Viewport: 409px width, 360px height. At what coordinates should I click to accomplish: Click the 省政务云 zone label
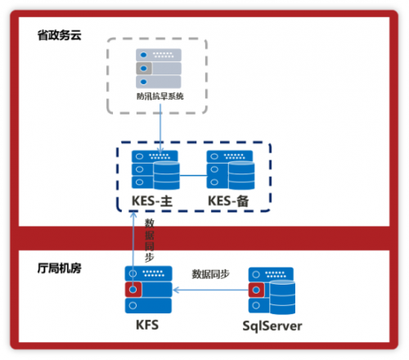(x=59, y=35)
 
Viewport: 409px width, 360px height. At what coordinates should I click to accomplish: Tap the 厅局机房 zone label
(x=59, y=268)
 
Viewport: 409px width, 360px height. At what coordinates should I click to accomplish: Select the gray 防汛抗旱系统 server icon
(x=159, y=69)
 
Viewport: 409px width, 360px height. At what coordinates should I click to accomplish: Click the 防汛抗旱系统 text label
(x=160, y=97)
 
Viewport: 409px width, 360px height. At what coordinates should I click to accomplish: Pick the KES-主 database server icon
(x=155, y=170)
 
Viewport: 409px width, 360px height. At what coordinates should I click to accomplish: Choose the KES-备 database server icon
(x=231, y=170)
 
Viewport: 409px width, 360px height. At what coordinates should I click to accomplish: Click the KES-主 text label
(x=152, y=201)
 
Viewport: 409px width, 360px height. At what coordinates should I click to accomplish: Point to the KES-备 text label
(x=228, y=201)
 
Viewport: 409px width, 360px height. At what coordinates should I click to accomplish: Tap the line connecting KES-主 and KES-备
(x=193, y=175)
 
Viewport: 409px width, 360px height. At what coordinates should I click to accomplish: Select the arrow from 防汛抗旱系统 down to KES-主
(x=160, y=129)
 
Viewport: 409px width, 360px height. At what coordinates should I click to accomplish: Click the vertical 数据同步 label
(x=149, y=240)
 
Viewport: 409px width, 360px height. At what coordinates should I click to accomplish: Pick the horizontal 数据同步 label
(x=211, y=274)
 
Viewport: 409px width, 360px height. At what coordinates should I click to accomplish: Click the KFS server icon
(x=149, y=290)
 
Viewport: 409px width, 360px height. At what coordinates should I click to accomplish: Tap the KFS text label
(x=147, y=325)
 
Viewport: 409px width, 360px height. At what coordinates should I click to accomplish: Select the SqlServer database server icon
(x=272, y=290)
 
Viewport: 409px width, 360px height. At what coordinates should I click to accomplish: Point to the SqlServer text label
(x=272, y=326)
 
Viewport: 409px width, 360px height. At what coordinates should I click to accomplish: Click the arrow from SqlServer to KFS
(x=211, y=290)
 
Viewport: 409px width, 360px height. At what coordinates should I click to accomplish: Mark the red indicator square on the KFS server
(x=133, y=290)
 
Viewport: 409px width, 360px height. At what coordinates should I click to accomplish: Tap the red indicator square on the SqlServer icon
(x=256, y=290)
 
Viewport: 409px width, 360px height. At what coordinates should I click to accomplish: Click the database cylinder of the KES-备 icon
(x=241, y=176)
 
